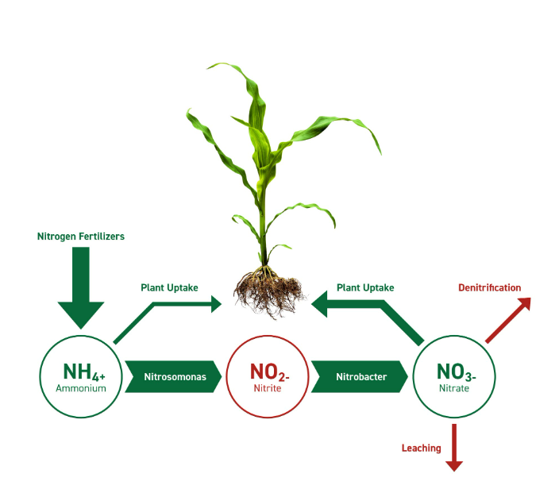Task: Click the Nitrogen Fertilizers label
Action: point(81,236)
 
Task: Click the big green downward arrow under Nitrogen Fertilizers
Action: point(81,290)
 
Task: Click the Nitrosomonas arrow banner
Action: point(174,376)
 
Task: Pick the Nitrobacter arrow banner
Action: point(360,376)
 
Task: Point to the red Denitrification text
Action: point(490,287)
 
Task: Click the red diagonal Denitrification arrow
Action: point(508,321)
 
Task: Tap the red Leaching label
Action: point(421,448)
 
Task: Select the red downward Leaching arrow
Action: point(454,448)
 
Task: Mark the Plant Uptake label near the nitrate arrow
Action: point(365,287)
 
